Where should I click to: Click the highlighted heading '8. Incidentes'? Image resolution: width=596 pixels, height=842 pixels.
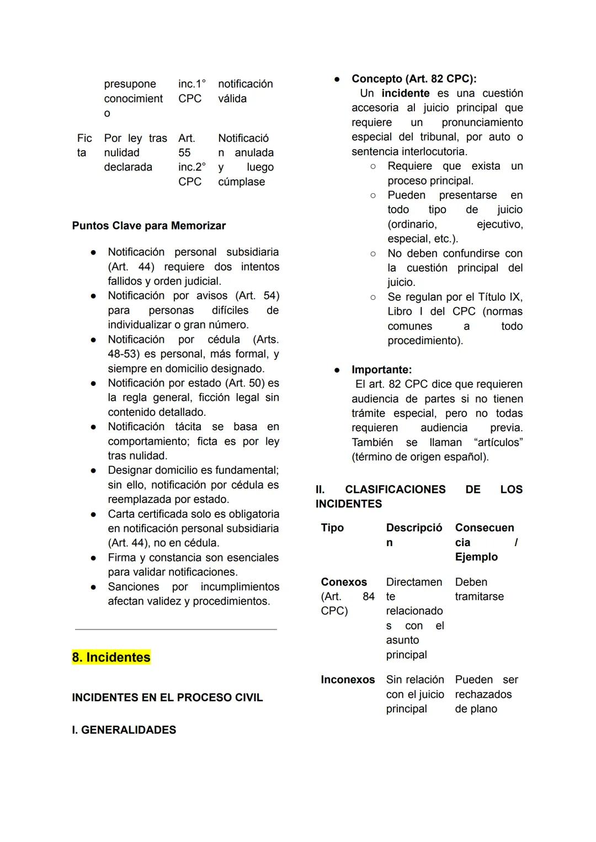coord(111,657)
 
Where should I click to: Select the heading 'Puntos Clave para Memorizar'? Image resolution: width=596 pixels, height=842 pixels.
coord(148,225)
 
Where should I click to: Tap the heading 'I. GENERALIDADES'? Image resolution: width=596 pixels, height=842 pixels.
coord(124,729)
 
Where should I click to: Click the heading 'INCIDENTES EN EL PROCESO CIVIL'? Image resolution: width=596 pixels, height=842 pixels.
coord(167,697)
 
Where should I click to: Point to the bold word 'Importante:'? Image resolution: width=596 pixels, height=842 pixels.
coord(381,369)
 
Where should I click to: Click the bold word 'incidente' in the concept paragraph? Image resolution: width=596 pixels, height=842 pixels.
coord(405,93)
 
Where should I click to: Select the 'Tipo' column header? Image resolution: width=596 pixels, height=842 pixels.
coord(332,528)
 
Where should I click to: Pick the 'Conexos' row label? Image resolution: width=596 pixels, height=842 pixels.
coord(344,582)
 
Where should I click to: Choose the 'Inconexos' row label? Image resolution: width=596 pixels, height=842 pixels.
coord(348,680)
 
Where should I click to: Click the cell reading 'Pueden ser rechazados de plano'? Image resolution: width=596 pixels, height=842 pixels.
coord(486,694)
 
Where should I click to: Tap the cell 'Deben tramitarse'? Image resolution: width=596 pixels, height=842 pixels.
coord(479,589)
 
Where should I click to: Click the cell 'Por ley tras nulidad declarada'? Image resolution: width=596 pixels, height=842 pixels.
coord(135,152)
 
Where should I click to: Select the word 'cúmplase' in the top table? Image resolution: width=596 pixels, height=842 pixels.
coord(241,182)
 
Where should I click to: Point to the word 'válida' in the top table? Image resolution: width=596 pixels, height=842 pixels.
coord(232,98)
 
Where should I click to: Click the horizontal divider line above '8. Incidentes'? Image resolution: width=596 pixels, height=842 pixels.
coord(175,629)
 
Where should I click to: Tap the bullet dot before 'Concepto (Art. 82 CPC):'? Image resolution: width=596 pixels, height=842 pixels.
coord(336,79)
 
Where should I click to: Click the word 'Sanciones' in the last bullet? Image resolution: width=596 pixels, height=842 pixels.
coord(134,586)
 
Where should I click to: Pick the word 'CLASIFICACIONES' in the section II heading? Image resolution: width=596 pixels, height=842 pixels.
coord(395,489)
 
